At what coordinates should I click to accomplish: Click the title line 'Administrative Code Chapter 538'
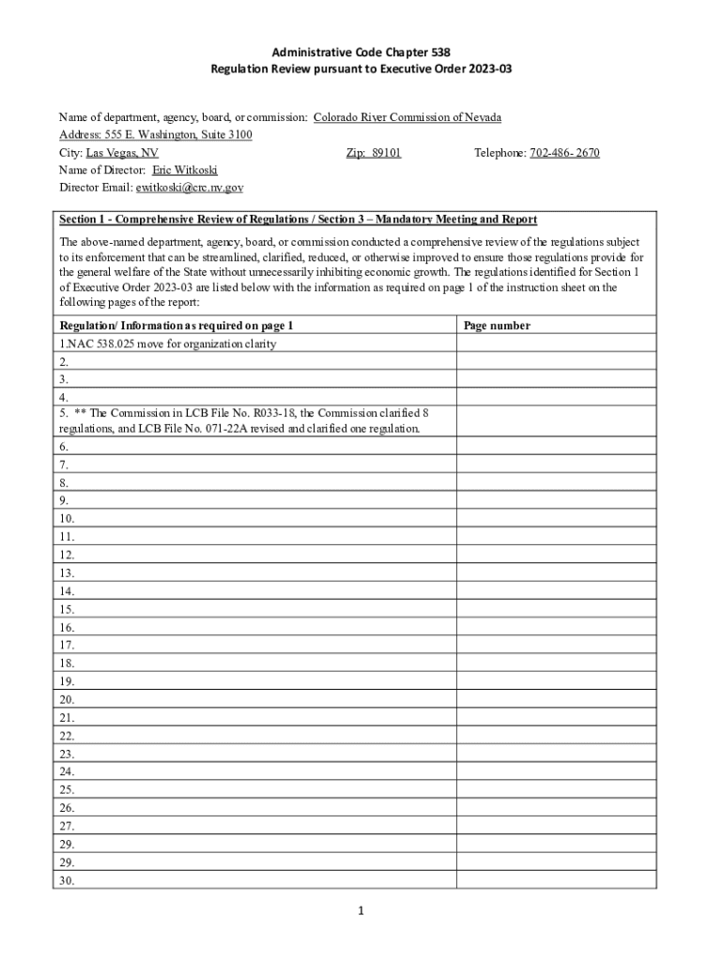pos(361,53)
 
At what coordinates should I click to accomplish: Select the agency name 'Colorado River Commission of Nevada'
pos(407,117)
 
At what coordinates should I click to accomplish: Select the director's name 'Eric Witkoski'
pos(184,171)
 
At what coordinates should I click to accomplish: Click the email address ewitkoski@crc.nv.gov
pos(190,188)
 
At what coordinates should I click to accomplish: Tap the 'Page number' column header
pos(497,326)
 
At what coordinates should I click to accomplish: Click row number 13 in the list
pos(67,572)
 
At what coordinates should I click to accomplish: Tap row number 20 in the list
pos(67,699)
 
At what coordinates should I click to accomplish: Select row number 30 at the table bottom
pos(67,880)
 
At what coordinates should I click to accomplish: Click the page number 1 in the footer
pos(360,910)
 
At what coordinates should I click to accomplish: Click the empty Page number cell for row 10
pos(556,518)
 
